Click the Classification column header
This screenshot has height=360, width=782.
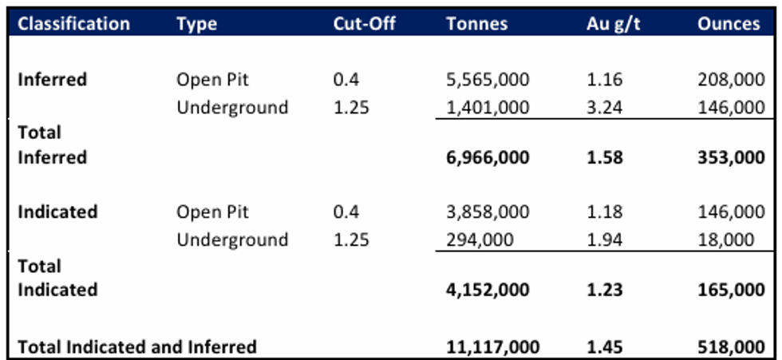pyautogui.click(x=73, y=23)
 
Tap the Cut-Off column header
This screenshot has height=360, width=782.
pyautogui.click(x=364, y=23)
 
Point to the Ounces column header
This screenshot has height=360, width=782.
pyautogui.click(x=729, y=23)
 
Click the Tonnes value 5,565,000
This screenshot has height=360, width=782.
pyautogui.click(x=487, y=80)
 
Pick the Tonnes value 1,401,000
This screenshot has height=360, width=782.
pyautogui.click(x=487, y=107)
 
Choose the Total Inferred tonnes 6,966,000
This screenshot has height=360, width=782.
pyautogui.click(x=487, y=157)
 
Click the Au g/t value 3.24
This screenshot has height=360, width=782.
pyautogui.click(x=603, y=107)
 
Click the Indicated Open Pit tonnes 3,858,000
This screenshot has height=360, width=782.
pyautogui.click(x=487, y=212)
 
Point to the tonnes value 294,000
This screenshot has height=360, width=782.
pyautogui.click(x=479, y=239)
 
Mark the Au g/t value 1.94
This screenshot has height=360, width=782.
pyautogui.click(x=603, y=239)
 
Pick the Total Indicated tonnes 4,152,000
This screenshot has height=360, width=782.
pyautogui.click(x=487, y=290)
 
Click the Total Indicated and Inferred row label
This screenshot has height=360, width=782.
pyautogui.click(x=137, y=346)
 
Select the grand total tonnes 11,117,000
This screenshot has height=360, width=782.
pyautogui.click(x=492, y=346)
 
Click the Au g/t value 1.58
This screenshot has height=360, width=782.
pyautogui.click(x=603, y=157)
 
